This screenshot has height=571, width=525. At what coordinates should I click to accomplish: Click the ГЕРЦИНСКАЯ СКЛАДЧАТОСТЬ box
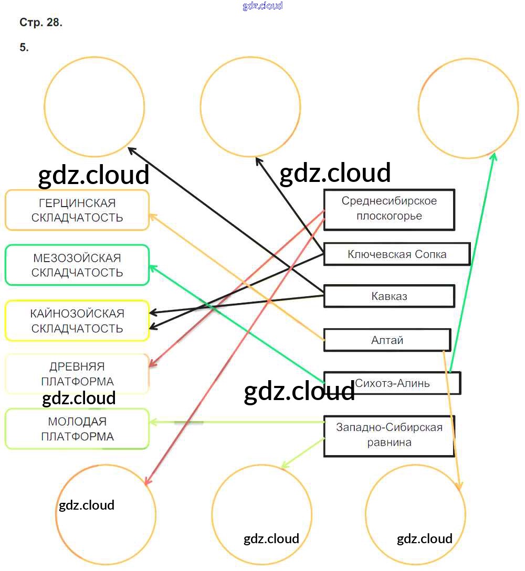(x=77, y=210)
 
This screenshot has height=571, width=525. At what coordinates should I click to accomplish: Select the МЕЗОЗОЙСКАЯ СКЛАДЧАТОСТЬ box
(x=77, y=265)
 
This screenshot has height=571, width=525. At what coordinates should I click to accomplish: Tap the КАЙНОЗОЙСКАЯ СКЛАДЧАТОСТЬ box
(x=77, y=321)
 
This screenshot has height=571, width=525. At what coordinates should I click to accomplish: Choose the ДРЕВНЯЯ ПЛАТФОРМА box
(x=77, y=374)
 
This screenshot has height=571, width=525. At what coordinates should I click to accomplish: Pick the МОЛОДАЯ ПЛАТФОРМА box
(x=77, y=429)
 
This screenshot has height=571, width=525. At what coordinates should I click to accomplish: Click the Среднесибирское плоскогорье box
(x=389, y=209)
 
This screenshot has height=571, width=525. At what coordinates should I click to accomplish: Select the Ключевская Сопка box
(x=396, y=254)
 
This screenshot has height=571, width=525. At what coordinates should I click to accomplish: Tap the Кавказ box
(x=389, y=296)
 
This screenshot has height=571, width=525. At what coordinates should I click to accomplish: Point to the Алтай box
(x=387, y=340)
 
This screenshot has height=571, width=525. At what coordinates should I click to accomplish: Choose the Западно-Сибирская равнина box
(x=389, y=435)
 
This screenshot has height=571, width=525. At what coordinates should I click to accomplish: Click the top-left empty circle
(x=94, y=106)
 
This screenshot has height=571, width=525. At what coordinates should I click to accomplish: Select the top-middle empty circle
(x=250, y=106)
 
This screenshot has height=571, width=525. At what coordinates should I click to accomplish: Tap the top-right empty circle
(x=468, y=108)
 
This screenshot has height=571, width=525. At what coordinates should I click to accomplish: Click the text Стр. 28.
(x=41, y=23)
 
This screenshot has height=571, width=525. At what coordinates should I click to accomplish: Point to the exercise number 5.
(x=24, y=47)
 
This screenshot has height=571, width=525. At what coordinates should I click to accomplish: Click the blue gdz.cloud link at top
(x=262, y=6)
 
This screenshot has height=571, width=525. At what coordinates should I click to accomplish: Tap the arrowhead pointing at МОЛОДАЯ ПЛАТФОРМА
(x=152, y=422)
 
